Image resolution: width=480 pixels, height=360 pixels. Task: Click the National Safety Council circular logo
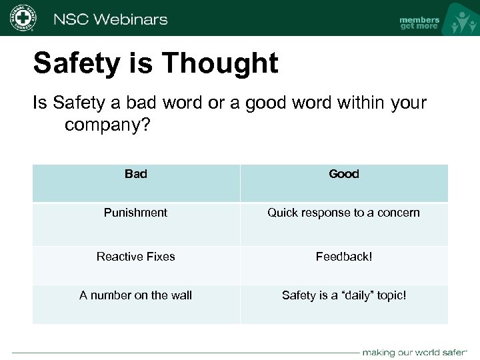(x=23, y=18)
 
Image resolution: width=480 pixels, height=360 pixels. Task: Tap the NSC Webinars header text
(x=110, y=19)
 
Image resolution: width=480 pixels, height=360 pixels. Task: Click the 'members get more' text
(x=419, y=23)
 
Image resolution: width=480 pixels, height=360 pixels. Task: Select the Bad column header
(x=136, y=174)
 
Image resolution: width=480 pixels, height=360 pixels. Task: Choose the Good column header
(x=344, y=174)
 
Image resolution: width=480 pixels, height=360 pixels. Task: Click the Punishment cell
(x=136, y=213)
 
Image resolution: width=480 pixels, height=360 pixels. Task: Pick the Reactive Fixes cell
(x=136, y=257)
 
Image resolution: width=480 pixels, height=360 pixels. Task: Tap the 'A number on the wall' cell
(x=136, y=295)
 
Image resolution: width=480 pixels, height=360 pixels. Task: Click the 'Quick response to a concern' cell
(x=344, y=213)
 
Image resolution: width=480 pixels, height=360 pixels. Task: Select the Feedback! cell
(x=344, y=257)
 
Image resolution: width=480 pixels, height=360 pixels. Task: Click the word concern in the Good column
(x=399, y=213)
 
